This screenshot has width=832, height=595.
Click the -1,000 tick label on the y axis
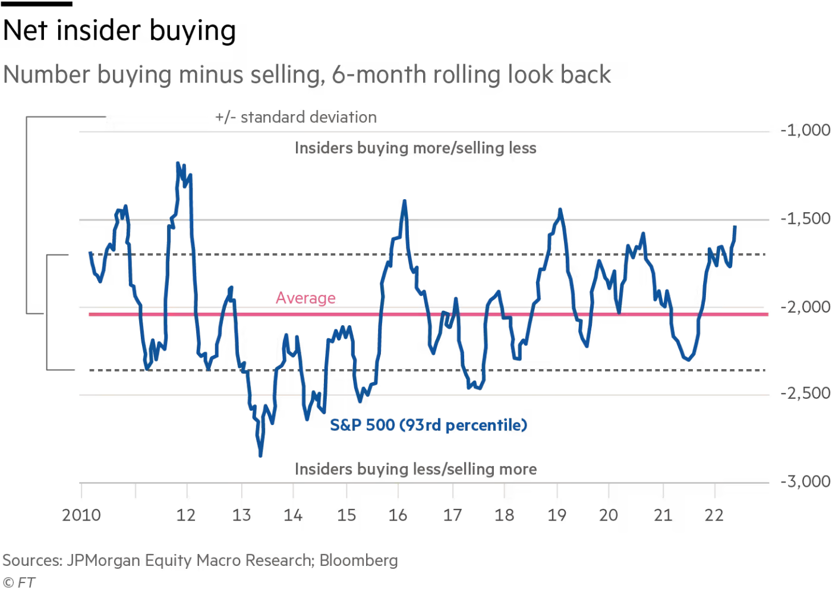coord(805,131)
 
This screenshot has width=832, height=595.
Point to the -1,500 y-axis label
coord(805,219)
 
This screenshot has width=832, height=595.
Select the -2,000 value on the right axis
coord(805,307)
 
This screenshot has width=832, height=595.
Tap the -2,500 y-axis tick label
coord(805,393)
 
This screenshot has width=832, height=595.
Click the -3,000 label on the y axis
coord(805,481)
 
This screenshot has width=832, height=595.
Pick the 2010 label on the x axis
coord(81,515)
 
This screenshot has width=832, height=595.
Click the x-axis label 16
coord(398,515)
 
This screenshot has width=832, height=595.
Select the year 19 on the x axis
coord(557,515)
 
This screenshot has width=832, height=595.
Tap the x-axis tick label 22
coord(714,515)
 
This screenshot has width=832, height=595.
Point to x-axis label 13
coord(241,515)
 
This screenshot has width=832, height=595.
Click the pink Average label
coord(305,298)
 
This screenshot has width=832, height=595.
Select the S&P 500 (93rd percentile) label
coord(428,425)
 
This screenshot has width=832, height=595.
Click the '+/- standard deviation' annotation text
coord(296,118)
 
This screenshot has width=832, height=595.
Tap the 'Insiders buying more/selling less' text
coord(415,148)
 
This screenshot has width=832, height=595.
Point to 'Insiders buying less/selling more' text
coord(415,469)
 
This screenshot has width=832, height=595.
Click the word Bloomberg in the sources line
coord(359,561)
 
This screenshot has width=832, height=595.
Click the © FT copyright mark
coord(19,583)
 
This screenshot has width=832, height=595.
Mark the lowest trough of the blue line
coord(260,456)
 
